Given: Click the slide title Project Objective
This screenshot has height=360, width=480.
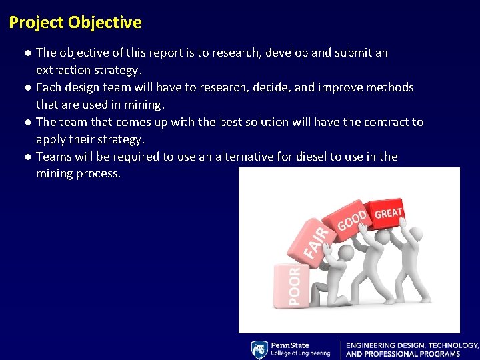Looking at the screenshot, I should (75, 23).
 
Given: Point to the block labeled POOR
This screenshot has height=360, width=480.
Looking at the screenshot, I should (292, 285).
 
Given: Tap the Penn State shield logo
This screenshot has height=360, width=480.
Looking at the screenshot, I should (259, 350).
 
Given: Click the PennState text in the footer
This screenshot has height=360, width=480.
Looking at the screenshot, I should (290, 345).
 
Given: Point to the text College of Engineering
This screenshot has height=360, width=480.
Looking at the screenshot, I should (300, 353).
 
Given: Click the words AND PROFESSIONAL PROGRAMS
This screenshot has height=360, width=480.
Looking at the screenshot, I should (403, 354).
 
